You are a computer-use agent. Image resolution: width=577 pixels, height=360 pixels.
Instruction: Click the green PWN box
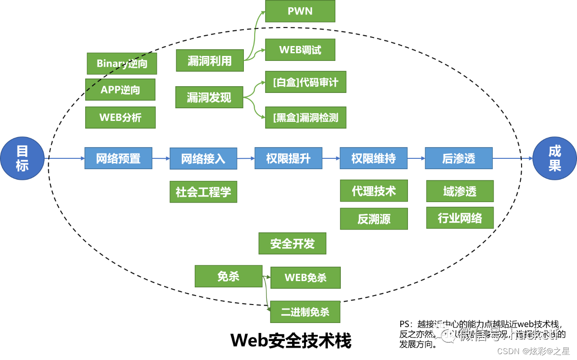[300, 11]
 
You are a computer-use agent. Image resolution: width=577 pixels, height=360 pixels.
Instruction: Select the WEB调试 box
[300, 50]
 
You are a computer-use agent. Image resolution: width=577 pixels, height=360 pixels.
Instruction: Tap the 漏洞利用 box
[210, 61]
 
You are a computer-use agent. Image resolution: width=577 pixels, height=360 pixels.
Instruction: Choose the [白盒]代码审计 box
[306, 82]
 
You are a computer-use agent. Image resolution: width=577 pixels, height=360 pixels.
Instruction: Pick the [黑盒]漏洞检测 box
[306, 118]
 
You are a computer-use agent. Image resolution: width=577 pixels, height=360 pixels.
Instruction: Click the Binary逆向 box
[122, 64]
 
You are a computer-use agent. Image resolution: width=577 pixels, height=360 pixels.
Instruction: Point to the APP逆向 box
[120, 90]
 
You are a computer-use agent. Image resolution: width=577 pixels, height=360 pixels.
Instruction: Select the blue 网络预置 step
[118, 158]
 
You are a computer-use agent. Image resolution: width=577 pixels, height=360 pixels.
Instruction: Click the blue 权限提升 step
[288, 158]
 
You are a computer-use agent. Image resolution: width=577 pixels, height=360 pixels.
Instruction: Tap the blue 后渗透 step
[458, 158]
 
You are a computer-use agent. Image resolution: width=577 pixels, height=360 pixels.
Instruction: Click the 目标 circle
[22, 158]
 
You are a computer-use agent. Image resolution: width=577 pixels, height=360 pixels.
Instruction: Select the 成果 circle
[554, 158]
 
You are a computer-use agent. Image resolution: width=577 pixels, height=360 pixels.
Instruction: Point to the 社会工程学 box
[203, 192]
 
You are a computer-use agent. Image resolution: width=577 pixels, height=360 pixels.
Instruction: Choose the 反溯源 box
[374, 219]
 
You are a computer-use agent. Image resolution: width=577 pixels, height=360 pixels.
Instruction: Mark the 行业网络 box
[460, 218]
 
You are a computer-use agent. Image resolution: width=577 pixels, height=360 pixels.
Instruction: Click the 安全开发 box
[292, 244]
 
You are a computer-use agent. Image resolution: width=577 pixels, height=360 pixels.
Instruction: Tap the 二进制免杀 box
[305, 312]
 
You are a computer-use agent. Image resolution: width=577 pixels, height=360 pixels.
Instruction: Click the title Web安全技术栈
[291, 341]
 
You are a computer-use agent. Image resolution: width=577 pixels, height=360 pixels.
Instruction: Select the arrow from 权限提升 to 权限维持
[331, 158]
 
